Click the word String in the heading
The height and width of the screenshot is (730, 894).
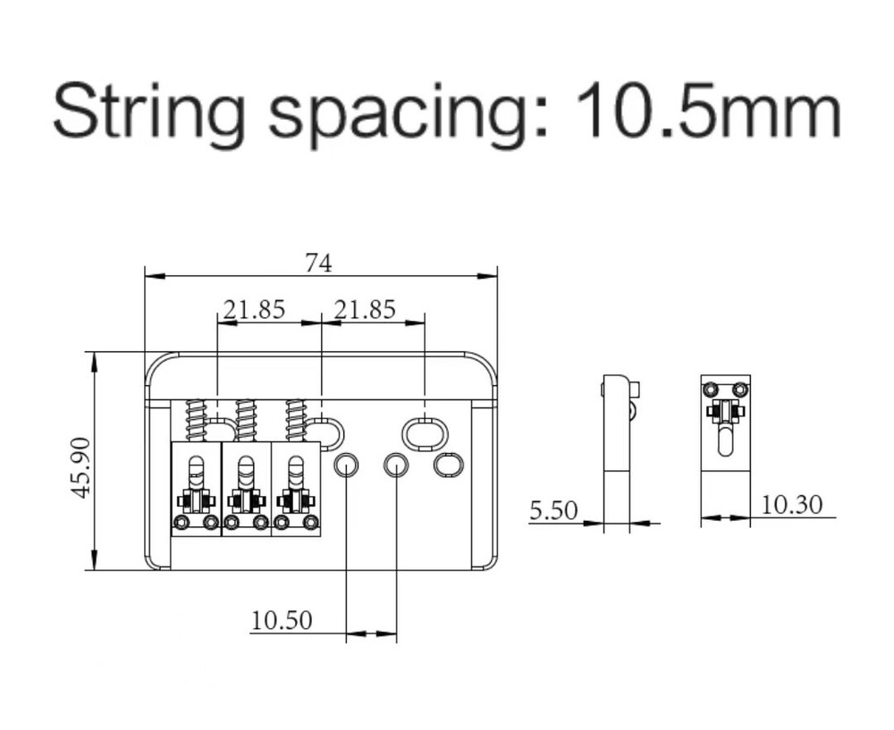150,110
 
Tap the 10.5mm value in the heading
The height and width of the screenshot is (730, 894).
708,109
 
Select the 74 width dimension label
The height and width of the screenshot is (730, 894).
318,264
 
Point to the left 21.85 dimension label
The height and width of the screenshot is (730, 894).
254,309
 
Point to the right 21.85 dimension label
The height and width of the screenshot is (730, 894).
365,309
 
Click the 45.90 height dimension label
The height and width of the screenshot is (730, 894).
82,467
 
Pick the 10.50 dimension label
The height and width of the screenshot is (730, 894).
282,620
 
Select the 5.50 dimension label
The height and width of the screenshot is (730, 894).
553,510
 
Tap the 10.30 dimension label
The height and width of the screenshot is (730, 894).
792,505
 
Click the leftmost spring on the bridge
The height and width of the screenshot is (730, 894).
196,420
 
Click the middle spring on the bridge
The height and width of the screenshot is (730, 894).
246,420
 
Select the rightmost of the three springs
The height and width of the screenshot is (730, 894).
296,420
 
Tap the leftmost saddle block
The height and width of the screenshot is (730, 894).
196,489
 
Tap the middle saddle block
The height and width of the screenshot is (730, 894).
246,489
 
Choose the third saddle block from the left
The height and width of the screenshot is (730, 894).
295,489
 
